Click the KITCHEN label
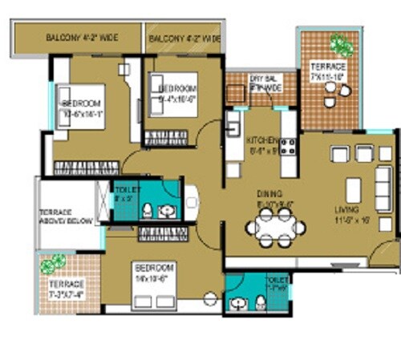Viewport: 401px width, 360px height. tap(262, 139)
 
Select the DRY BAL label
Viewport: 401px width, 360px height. tap(262, 78)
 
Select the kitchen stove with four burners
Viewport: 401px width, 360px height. tap(286, 146)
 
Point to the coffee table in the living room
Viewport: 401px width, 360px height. tap(353, 190)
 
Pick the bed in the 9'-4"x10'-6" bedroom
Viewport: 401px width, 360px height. tap(166, 137)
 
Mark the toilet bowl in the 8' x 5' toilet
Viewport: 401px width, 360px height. tap(148, 210)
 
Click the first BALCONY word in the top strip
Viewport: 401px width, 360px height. tap(63, 37)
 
